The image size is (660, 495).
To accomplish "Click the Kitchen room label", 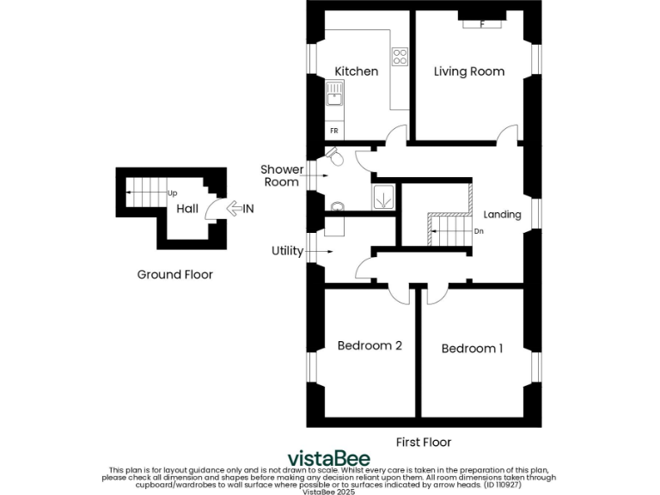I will [356, 71].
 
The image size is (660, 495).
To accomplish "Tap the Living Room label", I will [468, 71].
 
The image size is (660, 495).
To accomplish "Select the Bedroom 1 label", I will [472, 348].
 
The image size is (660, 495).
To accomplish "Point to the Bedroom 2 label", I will [370, 345].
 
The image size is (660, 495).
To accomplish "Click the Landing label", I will [502, 214].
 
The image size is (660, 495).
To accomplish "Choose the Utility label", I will [287, 251].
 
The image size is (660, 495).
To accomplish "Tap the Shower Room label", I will [281, 175].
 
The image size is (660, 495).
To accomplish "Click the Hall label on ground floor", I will [186, 209].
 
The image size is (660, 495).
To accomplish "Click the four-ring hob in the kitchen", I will [400, 57].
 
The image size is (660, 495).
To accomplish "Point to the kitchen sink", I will [333, 94].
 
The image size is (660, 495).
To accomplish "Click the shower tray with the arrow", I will [382, 197].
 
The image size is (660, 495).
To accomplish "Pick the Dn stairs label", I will [480, 231].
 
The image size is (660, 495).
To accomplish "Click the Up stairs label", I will [173, 193].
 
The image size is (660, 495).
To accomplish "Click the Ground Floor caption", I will [174, 275].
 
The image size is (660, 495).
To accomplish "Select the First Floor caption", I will [423, 442].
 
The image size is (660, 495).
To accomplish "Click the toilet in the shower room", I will [336, 157].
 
